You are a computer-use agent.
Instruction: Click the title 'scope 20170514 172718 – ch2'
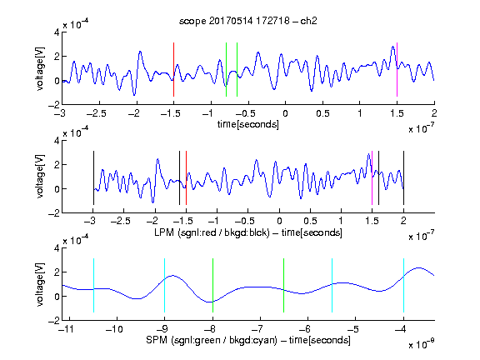pos(248,21)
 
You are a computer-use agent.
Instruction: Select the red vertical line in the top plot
pos(173,69)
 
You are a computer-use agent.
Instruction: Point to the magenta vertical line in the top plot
pos(397,69)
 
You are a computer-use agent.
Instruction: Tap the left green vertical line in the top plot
pos(226,69)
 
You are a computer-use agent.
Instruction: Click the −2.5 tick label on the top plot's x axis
pos(97,113)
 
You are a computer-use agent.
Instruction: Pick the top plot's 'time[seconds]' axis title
pos(248,124)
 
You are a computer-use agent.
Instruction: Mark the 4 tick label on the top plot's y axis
pos(57,32)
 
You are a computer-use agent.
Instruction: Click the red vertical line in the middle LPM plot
pos(186,177)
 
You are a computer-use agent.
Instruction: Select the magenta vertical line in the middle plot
pos(372,177)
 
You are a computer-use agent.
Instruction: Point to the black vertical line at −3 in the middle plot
pos(93,177)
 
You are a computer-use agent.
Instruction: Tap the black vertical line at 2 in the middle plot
pos(403,177)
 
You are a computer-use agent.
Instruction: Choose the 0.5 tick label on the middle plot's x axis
pos(310,221)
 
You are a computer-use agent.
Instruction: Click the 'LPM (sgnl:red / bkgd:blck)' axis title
pos(212,232)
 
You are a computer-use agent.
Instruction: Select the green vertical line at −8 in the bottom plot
pos(212,285)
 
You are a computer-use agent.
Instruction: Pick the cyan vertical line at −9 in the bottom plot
pos(165,285)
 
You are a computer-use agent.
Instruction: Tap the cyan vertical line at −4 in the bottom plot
pos(403,285)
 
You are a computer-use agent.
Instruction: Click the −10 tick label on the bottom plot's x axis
pos(114,329)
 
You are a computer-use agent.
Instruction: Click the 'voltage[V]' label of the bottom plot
pos(40,284)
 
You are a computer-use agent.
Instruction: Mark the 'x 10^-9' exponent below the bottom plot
pos(422,344)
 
